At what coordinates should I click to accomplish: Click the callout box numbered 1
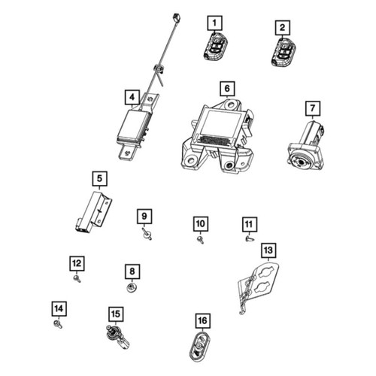(x=214, y=23)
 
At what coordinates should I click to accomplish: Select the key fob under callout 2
(x=284, y=52)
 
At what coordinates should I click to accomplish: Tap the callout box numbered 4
(x=132, y=97)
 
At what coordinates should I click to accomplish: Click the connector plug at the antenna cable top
(x=177, y=18)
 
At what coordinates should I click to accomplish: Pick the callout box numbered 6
(x=227, y=89)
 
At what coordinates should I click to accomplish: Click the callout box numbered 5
(x=100, y=179)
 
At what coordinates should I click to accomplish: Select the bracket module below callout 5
(x=93, y=213)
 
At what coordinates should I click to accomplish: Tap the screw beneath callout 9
(x=147, y=234)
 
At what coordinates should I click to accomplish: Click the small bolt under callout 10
(x=201, y=240)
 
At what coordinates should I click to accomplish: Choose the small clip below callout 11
(x=250, y=238)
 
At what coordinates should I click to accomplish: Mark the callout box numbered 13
(x=268, y=250)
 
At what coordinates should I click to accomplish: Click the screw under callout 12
(x=77, y=279)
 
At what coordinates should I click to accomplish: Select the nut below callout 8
(x=132, y=288)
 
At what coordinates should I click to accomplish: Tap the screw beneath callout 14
(x=58, y=324)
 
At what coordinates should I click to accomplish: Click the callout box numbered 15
(x=116, y=314)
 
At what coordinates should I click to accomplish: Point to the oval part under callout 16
(x=200, y=347)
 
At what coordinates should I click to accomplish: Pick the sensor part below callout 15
(x=117, y=337)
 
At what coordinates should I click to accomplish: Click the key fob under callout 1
(x=215, y=47)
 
